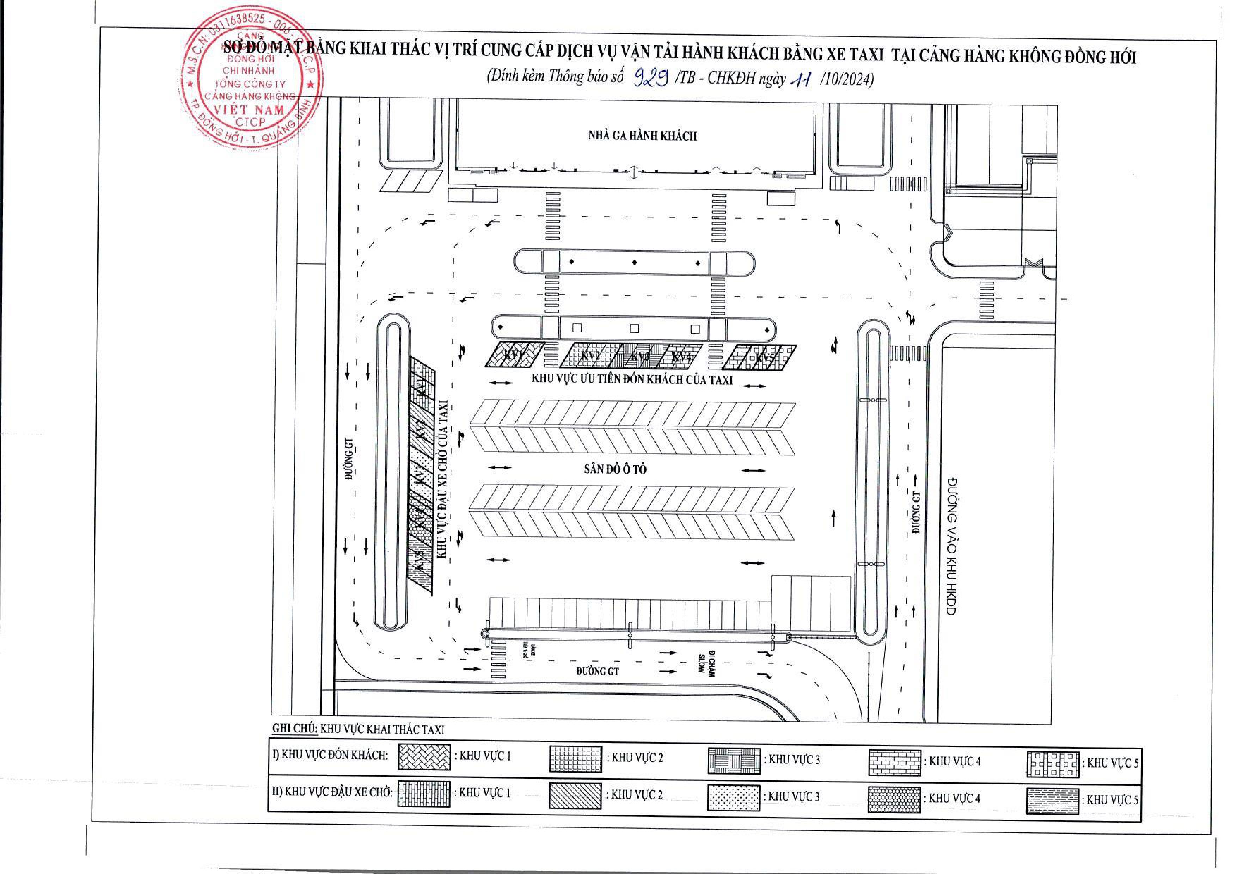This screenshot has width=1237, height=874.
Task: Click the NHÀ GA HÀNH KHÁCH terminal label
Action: pos(642,136)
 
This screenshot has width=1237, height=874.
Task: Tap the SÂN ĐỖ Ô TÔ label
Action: pos(615,469)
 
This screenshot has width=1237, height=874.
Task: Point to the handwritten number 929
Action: pos(651,79)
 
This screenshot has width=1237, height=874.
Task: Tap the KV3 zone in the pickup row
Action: pos(639,357)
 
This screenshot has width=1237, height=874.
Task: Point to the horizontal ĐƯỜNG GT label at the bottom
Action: pos(598,671)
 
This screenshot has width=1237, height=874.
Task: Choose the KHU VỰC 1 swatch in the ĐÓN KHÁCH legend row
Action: pos(424,757)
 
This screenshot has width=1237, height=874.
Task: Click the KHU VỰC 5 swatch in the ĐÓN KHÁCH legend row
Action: pos(1053,764)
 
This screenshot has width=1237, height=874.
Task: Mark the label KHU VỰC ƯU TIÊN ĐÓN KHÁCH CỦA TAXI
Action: pos(632,379)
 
